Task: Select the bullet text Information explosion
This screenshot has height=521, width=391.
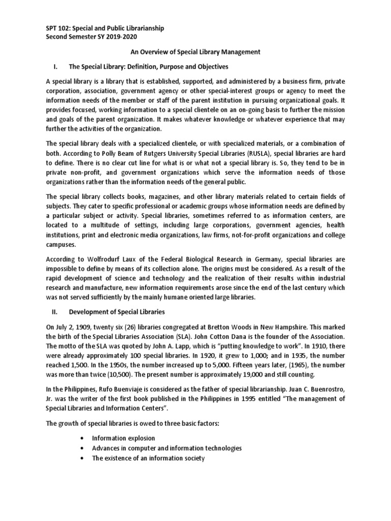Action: pos(123,438)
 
